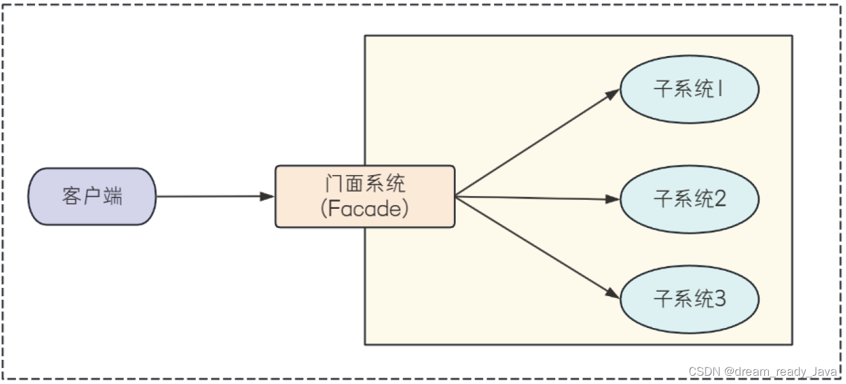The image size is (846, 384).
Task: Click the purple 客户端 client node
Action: pos(92,196)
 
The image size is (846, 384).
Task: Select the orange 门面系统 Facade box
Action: pos(365,196)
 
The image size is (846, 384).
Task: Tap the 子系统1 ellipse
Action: pos(689,89)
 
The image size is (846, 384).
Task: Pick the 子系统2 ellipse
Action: pos(689,199)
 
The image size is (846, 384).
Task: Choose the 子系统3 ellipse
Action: pos(689,299)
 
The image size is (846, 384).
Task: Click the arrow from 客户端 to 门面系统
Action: pos(210,196)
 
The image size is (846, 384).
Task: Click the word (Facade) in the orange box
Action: pos(365,209)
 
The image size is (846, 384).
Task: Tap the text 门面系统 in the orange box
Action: pos(365,185)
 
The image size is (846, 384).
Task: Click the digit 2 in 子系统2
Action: pos(719,199)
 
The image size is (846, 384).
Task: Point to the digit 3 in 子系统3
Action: pos(719,299)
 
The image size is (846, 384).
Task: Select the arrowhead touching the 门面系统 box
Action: pos(268,196)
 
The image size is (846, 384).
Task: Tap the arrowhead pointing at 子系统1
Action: pos(613,94)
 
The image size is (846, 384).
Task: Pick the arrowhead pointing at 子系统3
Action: pos(613,294)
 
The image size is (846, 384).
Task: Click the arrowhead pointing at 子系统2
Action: pos(613,199)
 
